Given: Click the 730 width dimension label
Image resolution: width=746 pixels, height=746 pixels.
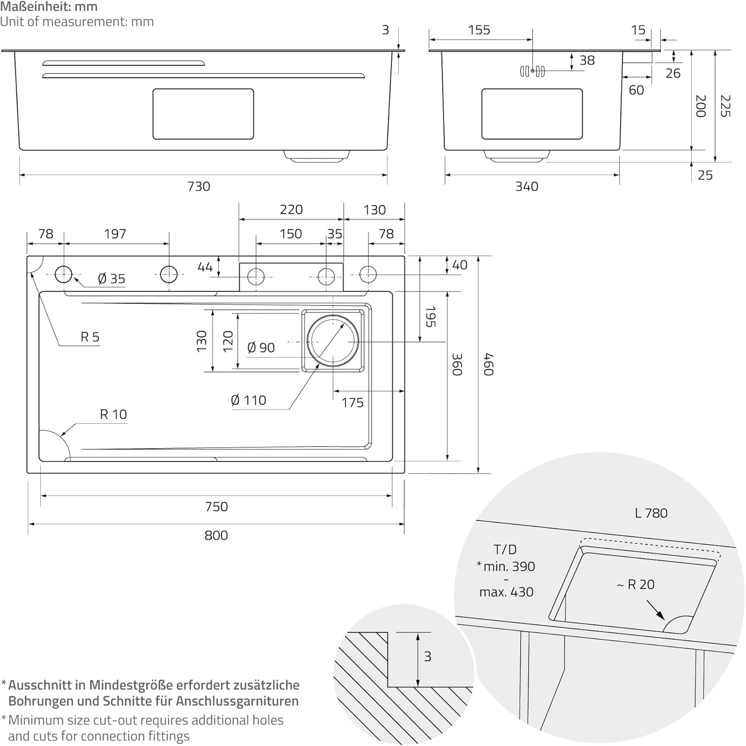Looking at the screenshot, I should coord(198,186).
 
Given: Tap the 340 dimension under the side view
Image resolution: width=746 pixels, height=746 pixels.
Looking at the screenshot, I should coord(527,186).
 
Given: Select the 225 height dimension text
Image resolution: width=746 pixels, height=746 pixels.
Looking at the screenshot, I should coord(725,106).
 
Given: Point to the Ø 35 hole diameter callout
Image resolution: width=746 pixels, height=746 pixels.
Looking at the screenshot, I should coord(111,279).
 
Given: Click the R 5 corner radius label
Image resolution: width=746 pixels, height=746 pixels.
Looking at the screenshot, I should coord(90,337).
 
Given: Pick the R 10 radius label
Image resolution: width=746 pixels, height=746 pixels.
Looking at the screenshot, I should coord(113,414).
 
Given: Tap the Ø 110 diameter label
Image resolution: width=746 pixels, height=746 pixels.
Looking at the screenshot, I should coord(249,400).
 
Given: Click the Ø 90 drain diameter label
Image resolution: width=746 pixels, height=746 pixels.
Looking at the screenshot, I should coord(261,348).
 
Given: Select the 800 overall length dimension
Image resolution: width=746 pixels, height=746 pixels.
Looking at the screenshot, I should coord(216,536).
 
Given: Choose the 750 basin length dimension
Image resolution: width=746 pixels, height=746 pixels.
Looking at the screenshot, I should coord(216,507).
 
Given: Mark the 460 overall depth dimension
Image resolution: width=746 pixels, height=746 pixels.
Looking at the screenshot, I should coord(488,364).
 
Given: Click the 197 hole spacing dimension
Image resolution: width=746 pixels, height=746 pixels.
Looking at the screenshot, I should coord(115,234).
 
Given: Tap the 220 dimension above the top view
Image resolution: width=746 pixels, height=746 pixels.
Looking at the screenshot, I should coord(291,210).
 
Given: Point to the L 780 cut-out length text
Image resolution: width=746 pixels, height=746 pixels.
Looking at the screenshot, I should coord(651,513).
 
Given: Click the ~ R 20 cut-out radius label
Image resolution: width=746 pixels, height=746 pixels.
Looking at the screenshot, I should coord(636,585).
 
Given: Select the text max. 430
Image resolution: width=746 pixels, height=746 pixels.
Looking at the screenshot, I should coord(506,592).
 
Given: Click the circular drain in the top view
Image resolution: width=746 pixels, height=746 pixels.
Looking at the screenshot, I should coord(333,341).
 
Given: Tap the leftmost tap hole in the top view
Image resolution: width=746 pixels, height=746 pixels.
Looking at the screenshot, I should coord(64,274).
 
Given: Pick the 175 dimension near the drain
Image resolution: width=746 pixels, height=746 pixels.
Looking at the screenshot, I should coord(352,403).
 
